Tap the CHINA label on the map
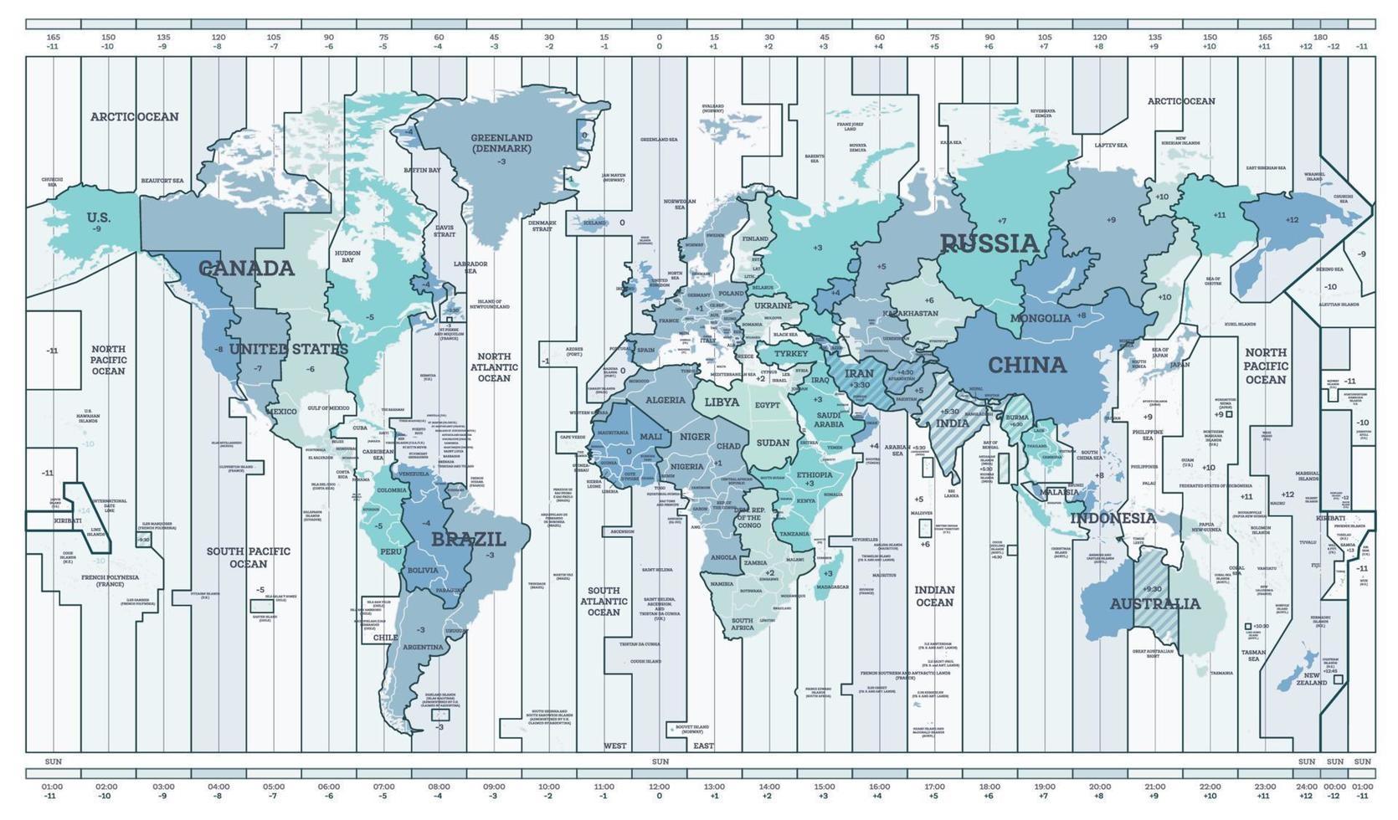(1026, 365)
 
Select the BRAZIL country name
(468, 540)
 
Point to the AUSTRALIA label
(1154, 603)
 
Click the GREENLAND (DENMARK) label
(501, 143)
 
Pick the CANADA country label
(246, 269)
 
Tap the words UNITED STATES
(288, 349)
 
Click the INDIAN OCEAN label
(934, 596)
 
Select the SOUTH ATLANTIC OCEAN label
(603, 601)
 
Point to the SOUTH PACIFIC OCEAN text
(249, 557)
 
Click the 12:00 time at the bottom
(659, 787)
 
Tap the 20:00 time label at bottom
(1099, 787)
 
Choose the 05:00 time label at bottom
(274, 787)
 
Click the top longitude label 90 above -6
(329, 37)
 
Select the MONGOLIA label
(1040, 318)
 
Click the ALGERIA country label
(666, 400)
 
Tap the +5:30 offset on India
(948, 412)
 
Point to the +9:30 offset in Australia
(1152, 589)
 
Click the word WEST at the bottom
(614, 746)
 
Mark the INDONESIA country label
(1113, 518)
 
